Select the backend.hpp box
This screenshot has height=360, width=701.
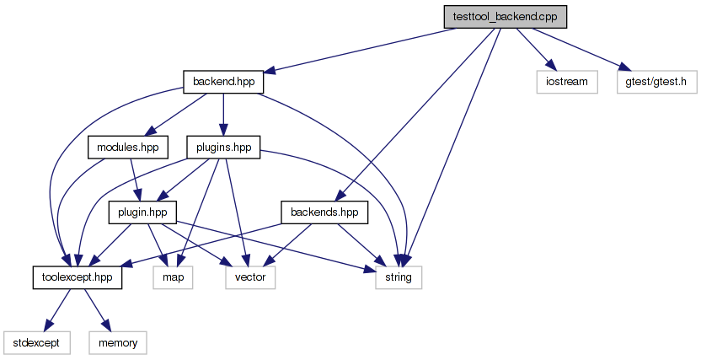223,82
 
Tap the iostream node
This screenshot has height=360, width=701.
566,82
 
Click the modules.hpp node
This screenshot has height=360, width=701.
127,148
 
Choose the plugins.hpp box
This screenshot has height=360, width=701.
223,148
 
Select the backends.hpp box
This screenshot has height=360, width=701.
324,212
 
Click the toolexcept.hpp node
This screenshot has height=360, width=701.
77,277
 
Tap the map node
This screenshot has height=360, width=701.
173,277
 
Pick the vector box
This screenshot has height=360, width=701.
250,277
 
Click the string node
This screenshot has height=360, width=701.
399,277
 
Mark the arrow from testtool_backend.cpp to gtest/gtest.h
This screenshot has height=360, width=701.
581,49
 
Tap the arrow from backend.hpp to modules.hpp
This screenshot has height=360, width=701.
177,114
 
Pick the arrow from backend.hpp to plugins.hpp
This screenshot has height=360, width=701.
223,114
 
